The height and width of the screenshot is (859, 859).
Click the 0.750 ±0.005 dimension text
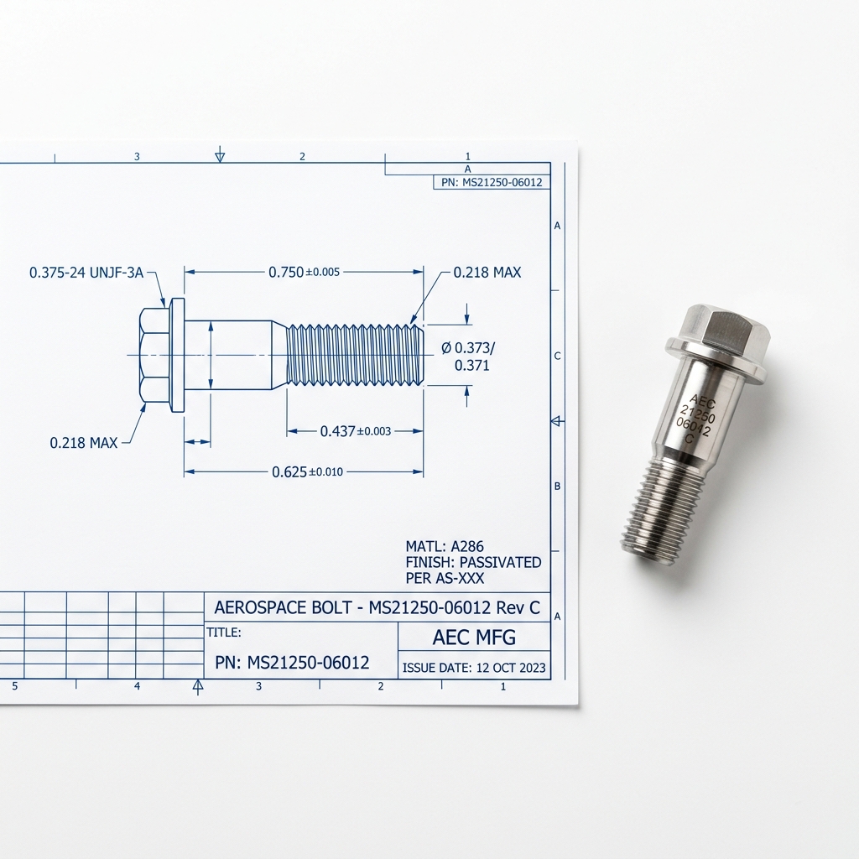pyautogui.click(x=304, y=272)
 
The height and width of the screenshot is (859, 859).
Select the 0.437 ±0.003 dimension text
pyautogui.click(x=355, y=431)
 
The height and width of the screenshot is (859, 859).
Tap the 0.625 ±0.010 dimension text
pyautogui.click(x=307, y=471)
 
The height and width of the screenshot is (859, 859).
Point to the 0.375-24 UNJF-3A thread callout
pyautogui.click(x=86, y=273)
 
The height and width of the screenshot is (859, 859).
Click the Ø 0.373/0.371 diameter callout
pyautogui.click(x=468, y=356)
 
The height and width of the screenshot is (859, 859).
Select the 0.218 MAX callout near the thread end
pyautogui.click(x=487, y=273)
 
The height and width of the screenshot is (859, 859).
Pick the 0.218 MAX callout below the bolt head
pyautogui.click(x=83, y=443)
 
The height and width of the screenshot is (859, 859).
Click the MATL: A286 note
pyautogui.click(x=445, y=546)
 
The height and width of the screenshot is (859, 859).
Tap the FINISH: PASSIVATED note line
pyautogui.click(x=473, y=562)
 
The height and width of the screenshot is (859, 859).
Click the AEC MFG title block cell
pyautogui.click(x=475, y=638)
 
